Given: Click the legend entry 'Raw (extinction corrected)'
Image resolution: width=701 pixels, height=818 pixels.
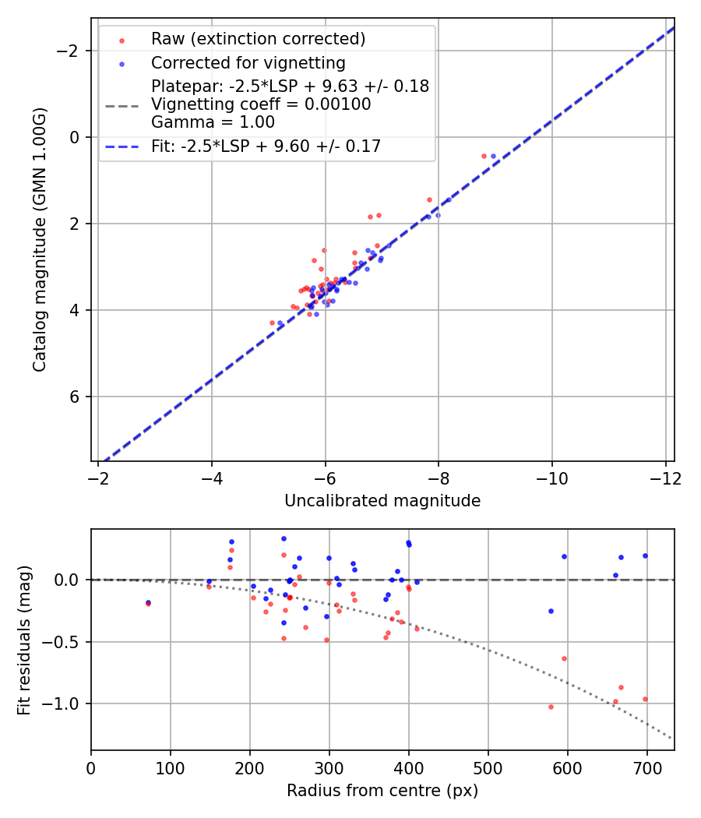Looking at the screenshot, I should [258, 39].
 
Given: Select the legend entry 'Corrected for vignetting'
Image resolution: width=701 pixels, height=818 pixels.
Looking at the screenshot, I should [248, 62].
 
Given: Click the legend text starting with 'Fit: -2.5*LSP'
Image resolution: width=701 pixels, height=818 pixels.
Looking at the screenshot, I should [266, 146].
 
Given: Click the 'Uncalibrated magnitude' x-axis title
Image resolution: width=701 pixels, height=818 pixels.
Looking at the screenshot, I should [382, 501].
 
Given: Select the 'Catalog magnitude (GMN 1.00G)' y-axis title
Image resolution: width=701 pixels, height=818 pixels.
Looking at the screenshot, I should [40, 240].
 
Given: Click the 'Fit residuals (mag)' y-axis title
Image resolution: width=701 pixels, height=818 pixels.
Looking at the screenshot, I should [24, 640].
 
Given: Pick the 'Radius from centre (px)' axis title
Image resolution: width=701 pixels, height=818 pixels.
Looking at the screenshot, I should [382, 791].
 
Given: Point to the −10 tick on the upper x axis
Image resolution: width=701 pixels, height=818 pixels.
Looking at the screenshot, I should [551, 477].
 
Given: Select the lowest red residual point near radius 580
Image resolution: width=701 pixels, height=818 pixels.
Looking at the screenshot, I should [551, 707].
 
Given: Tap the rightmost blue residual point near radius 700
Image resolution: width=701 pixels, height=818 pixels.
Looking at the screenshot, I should [645, 555].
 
